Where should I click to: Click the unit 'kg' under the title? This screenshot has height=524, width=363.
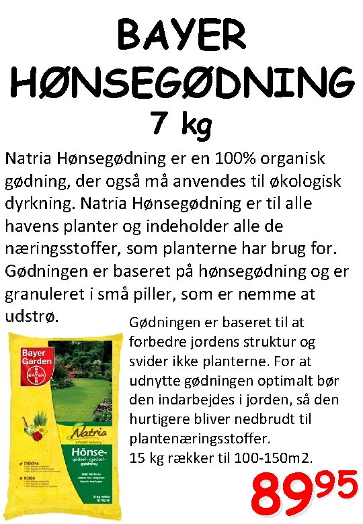coord(196,126)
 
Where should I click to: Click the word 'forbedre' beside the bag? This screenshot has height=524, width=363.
coord(157,341)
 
